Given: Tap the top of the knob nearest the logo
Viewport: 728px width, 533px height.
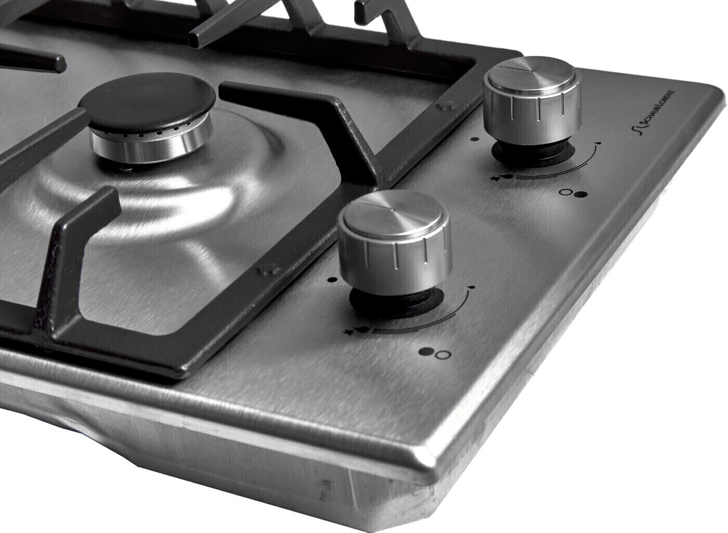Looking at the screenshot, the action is pyautogui.click(x=531, y=74).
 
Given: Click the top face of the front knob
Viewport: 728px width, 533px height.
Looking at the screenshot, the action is pyautogui.click(x=393, y=211).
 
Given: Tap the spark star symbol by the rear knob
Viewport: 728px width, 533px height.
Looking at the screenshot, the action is pyautogui.click(x=496, y=179).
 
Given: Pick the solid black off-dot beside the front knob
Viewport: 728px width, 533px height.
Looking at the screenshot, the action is pyautogui.click(x=332, y=279).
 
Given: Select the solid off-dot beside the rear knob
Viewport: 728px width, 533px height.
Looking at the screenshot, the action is pyautogui.click(x=475, y=139).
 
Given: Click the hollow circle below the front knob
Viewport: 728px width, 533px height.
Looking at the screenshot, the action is pyautogui.click(x=443, y=355).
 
